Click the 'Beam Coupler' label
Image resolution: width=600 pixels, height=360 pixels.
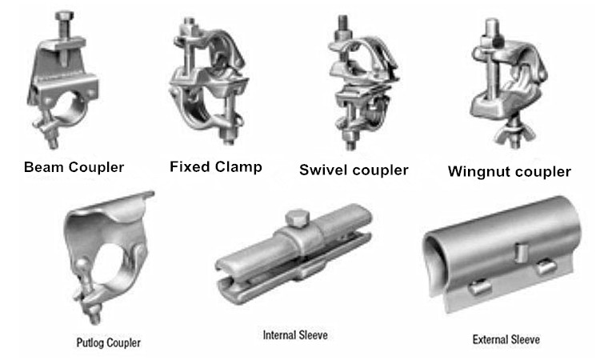click(74, 167)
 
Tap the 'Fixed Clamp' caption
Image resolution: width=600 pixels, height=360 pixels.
click(216, 167)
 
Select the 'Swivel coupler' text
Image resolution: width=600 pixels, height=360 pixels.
click(354, 170)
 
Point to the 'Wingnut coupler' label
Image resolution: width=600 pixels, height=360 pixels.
click(510, 171)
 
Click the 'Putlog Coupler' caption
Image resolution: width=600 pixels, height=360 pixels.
click(108, 342)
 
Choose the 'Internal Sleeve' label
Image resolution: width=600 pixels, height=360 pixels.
click(295, 335)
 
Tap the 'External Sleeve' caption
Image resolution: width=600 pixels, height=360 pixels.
click(506, 339)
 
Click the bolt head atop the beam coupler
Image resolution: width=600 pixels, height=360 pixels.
click(64, 16)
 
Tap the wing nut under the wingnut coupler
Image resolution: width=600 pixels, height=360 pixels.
click(516, 132)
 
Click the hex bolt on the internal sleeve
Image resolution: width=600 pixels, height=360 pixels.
click(298, 218)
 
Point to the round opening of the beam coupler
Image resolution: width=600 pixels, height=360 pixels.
click(70, 106)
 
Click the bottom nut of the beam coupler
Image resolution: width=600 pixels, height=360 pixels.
click(53, 141)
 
